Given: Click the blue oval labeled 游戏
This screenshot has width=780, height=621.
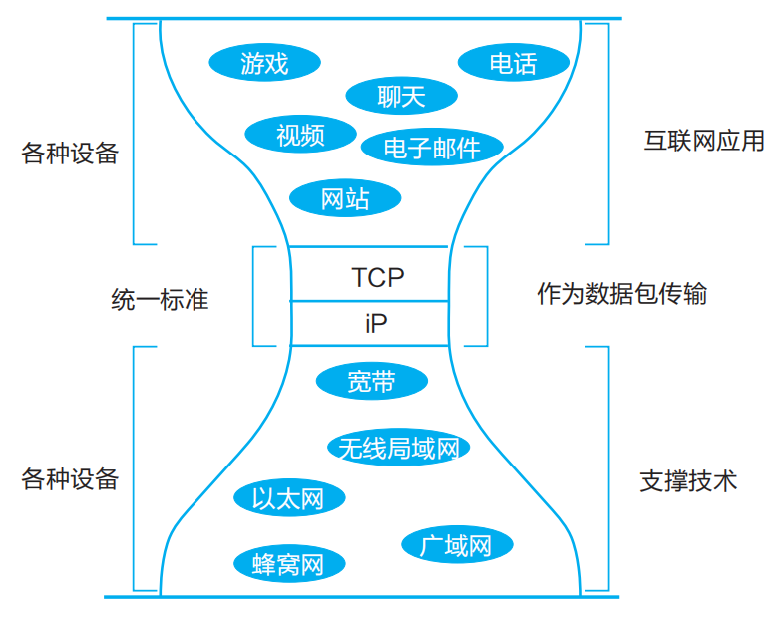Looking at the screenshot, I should coord(264,64).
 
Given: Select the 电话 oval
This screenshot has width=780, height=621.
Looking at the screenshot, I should coord(513,64).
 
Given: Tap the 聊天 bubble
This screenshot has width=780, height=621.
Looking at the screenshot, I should coord(401,96).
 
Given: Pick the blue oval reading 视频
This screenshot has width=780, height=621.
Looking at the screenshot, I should coord(300,134).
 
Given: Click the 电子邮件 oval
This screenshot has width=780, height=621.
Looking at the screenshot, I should coord(431,149).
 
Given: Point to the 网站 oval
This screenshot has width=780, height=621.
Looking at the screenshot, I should coord(345,198).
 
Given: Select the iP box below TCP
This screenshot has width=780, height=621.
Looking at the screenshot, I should coord(370,324).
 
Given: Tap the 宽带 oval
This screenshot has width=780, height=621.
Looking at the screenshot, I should coord(371,381).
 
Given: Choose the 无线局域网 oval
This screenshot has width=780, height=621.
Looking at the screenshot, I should coord(398,448).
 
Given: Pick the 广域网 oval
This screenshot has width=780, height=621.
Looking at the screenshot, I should coord(457,545).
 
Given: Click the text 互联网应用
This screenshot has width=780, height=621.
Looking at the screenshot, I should coord(703,140).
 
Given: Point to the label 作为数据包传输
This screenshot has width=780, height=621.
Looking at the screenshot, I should coord(621,294).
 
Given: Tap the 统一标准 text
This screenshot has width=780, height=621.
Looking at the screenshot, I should coord(160,299).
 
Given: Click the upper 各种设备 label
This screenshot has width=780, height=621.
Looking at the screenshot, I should coord(70,154).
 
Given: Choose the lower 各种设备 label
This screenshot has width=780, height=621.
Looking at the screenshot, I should coord(70,478).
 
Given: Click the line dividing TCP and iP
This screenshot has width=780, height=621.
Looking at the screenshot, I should coord(370,300).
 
